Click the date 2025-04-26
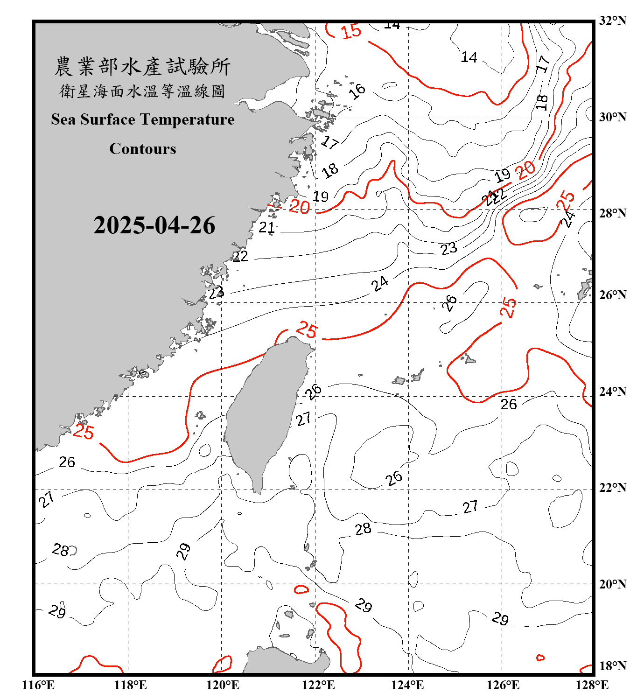[x=154, y=225]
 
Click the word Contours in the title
[x=143, y=149]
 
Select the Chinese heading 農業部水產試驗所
[x=142, y=66]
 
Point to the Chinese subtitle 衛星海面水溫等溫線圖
[x=142, y=91]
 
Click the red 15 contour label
[x=351, y=31]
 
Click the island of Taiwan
[x=266, y=411]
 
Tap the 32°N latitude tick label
[x=612, y=21]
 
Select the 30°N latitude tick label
[x=612, y=117]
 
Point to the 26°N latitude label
[x=612, y=295]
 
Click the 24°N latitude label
[x=612, y=391]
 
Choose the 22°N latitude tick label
[x=612, y=488]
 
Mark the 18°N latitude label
[x=612, y=666]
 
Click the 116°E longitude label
[x=38, y=685]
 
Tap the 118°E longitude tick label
[x=130, y=685]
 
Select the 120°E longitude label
[x=223, y=685]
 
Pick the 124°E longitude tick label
[x=407, y=685]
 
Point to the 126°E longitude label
[x=503, y=685]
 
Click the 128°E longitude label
[x=592, y=685]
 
